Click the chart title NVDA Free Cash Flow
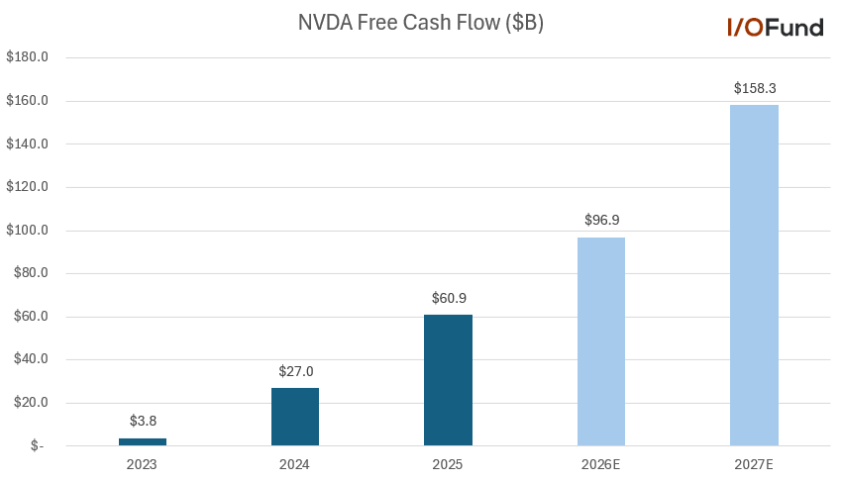(420, 24)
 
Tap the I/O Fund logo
(775, 28)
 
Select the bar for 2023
(143, 441)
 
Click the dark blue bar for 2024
(295, 417)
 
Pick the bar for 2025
(448, 380)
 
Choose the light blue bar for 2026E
(601, 341)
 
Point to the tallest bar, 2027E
(754, 275)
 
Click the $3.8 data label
(143, 422)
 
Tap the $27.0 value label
(295, 371)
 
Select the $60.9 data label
(448, 298)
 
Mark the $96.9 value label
(601, 220)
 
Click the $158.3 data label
(754, 88)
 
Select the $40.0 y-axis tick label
(30, 359)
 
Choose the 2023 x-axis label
(143, 463)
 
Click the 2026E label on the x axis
(601, 463)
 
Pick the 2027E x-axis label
(754, 463)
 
